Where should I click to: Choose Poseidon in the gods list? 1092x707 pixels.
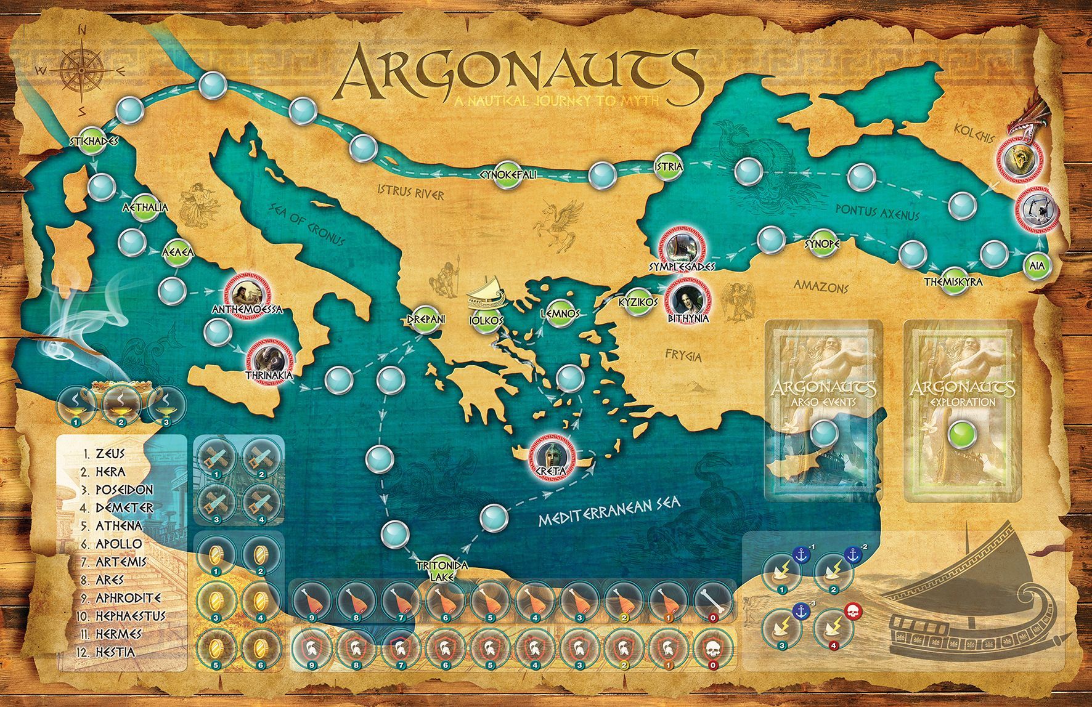click(x=124, y=490)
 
